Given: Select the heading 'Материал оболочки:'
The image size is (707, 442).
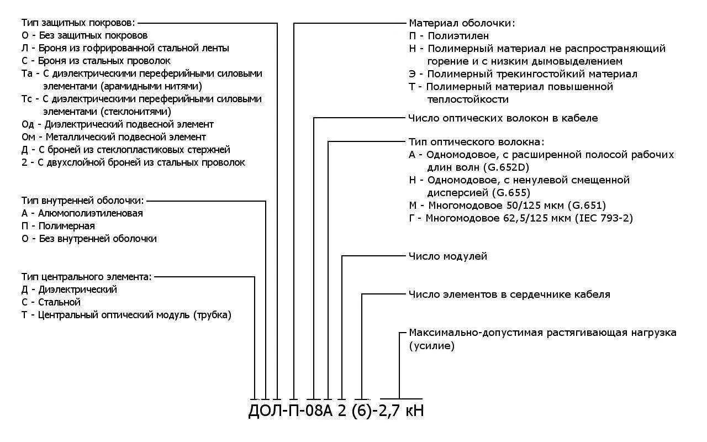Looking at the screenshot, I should [x=462, y=23].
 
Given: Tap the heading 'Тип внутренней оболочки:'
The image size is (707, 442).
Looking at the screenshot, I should [x=83, y=200].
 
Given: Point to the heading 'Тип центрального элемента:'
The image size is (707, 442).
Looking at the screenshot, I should [x=87, y=276].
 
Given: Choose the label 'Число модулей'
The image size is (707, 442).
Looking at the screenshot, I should [x=448, y=256].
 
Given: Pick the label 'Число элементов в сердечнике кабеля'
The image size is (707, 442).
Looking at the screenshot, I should [x=509, y=294].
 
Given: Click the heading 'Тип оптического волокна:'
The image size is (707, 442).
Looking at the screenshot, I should [x=476, y=142].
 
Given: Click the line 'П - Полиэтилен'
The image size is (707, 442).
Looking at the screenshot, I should [x=449, y=36].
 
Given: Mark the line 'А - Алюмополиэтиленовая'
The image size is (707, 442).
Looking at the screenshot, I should [x=82, y=213].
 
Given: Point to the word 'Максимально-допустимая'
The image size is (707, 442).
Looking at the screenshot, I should [x=476, y=333].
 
